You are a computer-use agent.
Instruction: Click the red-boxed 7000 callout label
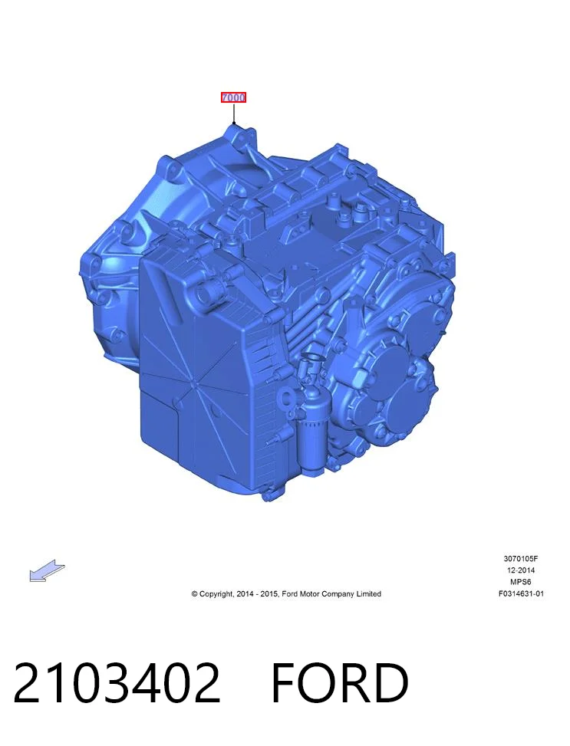click(x=233, y=97)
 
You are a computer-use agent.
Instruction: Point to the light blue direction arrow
click(x=47, y=570)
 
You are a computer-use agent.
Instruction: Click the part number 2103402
click(x=117, y=683)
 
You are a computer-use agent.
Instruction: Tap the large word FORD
click(x=340, y=683)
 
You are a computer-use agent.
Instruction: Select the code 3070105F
click(x=521, y=559)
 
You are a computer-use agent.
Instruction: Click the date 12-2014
click(x=521, y=570)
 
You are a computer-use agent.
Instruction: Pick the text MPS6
click(x=521, y=582)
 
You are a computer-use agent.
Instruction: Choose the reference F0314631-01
click(x=521, y=593)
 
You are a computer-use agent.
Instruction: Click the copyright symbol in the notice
click(x=194, y=593)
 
